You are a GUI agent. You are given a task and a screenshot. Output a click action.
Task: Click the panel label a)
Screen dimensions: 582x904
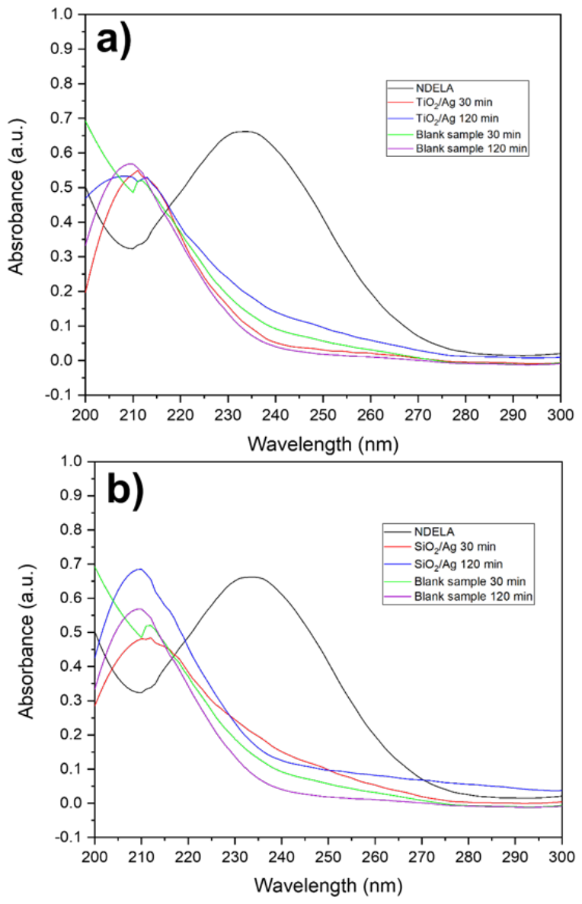(x=114, y=40)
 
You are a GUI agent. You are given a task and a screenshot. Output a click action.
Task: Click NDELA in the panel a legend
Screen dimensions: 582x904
(x=434, y=88)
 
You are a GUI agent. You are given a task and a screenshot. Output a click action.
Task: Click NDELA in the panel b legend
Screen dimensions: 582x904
(x=433, y=532)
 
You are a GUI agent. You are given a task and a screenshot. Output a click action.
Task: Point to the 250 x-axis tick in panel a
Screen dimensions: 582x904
(x=322, y=414)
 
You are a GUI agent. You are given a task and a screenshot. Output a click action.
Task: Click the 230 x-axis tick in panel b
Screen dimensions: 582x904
(x=235, y=858)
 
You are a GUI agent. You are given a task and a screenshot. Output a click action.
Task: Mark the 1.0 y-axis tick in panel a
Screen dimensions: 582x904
(x=61, y=14)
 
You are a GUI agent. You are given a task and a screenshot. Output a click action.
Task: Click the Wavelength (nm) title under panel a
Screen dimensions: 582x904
(x=322, y=445)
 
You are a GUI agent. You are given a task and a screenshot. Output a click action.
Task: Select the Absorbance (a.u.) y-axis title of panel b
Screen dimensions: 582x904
(x=27, y=641)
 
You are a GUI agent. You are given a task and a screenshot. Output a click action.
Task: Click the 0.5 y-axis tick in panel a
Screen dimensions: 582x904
(x=61, y=187)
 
